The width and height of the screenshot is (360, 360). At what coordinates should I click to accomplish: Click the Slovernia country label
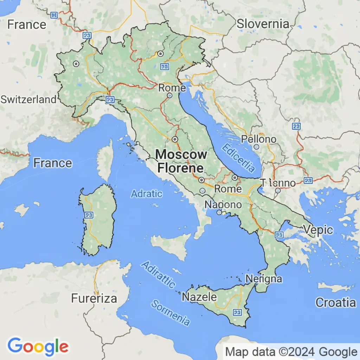[263, 24]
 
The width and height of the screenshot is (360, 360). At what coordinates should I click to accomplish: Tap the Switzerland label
[28, 99]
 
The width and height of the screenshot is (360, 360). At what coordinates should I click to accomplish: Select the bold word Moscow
[181, 155]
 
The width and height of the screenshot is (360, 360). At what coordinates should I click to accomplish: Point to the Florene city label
[180, 168]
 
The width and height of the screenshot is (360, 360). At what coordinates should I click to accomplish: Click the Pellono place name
[258, 139]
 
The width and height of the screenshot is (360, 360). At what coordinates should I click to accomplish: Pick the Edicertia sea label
[238, 158]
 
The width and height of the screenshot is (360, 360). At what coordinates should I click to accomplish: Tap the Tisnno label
[277, 183]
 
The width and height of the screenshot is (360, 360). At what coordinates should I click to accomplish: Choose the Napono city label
[223, 205]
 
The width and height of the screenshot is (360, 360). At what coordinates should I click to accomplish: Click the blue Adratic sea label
[147, 193]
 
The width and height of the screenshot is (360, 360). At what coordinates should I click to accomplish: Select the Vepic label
[318, 230]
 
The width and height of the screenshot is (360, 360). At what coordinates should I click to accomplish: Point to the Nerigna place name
[264, 279]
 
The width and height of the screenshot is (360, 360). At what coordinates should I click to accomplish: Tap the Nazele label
[199, 297]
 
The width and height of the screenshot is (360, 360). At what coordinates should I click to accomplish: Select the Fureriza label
[94, 298]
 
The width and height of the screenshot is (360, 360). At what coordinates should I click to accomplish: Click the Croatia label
[335, 302]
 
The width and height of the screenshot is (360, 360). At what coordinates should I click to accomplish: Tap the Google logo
[38, 346]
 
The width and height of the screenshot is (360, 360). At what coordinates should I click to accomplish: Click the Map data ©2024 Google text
[291, 352]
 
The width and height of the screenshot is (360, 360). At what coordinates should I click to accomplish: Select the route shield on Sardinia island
[89, 214]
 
